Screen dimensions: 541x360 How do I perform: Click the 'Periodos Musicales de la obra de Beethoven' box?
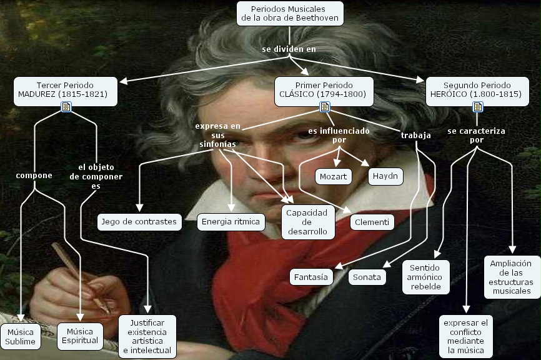coord(290,14)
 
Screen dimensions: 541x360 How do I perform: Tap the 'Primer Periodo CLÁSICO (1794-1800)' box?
coord(324,89)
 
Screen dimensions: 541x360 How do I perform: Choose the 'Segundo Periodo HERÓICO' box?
coord(477,89)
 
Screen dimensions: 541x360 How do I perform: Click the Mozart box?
coord(332,176)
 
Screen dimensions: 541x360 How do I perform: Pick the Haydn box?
coord(385,176)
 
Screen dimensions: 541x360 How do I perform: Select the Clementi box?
coord(372,222)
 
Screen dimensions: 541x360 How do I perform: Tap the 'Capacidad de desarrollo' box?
coord(307,222)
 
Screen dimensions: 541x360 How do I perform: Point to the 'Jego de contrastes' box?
coord(140,221)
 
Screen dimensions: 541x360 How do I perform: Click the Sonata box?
coord(367,277)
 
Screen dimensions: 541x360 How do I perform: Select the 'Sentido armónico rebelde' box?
coord(425,277)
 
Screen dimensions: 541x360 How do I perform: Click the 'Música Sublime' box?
coord(21,336)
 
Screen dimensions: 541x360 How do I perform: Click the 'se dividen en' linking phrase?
coord(289,49)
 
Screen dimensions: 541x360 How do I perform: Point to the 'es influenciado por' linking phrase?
coord(339,136)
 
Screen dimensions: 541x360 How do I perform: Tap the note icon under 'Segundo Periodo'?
coord(477,107)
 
